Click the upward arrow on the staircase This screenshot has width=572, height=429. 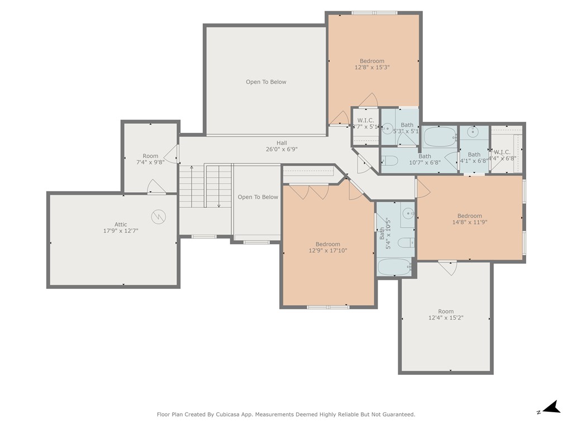[192, 168]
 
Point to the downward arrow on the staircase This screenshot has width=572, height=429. [218, 204]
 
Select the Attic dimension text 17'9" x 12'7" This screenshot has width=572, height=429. [121, 231]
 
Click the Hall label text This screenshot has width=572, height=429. [282, 143]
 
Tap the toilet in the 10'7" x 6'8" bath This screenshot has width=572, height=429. [390, 161]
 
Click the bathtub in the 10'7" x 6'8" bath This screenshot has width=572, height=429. [440, 136]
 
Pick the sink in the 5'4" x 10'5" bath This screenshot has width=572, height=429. [408, 213]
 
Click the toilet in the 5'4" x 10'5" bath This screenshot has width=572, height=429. [406, 242]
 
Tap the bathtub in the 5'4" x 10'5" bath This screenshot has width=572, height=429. [395, 268]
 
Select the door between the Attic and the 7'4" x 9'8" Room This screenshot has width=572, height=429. [156, 188]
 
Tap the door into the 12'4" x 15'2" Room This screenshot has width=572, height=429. [447, 267]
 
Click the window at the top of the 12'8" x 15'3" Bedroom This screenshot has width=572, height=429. [374, 12]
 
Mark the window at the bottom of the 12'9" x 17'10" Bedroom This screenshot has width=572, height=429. [328, 307]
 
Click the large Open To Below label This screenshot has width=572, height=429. [266, 82]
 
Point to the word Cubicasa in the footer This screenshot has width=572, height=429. [242, 414]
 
